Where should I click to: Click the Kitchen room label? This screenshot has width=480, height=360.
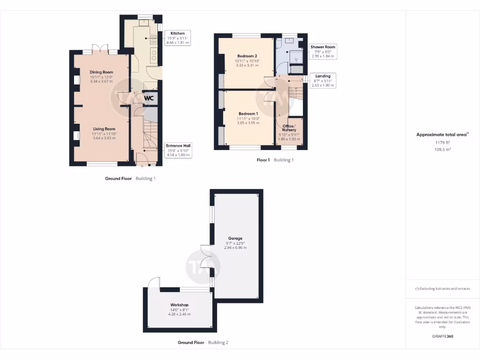(x=178, y=34)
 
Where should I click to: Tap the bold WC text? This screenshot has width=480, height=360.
(x=149, y=98)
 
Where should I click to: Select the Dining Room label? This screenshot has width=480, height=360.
(x=102, y=72)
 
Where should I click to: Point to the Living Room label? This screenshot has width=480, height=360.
(x=104, y=129)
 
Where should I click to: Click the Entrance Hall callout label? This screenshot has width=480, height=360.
(x=178, y=146)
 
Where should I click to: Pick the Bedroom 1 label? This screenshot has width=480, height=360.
(x=248, y=114)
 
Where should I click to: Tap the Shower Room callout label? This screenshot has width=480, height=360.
(x=323, y=47)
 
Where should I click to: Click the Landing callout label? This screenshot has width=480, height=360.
(x=322, y=76)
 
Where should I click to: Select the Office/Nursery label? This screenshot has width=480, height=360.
(x=289, y=128)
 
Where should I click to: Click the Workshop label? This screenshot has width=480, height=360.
(x=180, y=305)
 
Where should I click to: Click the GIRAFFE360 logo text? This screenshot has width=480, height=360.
(x=442, y=336)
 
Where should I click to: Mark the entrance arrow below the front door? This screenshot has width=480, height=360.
(x=143, y=166)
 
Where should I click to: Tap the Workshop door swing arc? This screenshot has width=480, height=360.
(x=153, y=282)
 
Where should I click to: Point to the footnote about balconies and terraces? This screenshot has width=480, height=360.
(x=442, y=289)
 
